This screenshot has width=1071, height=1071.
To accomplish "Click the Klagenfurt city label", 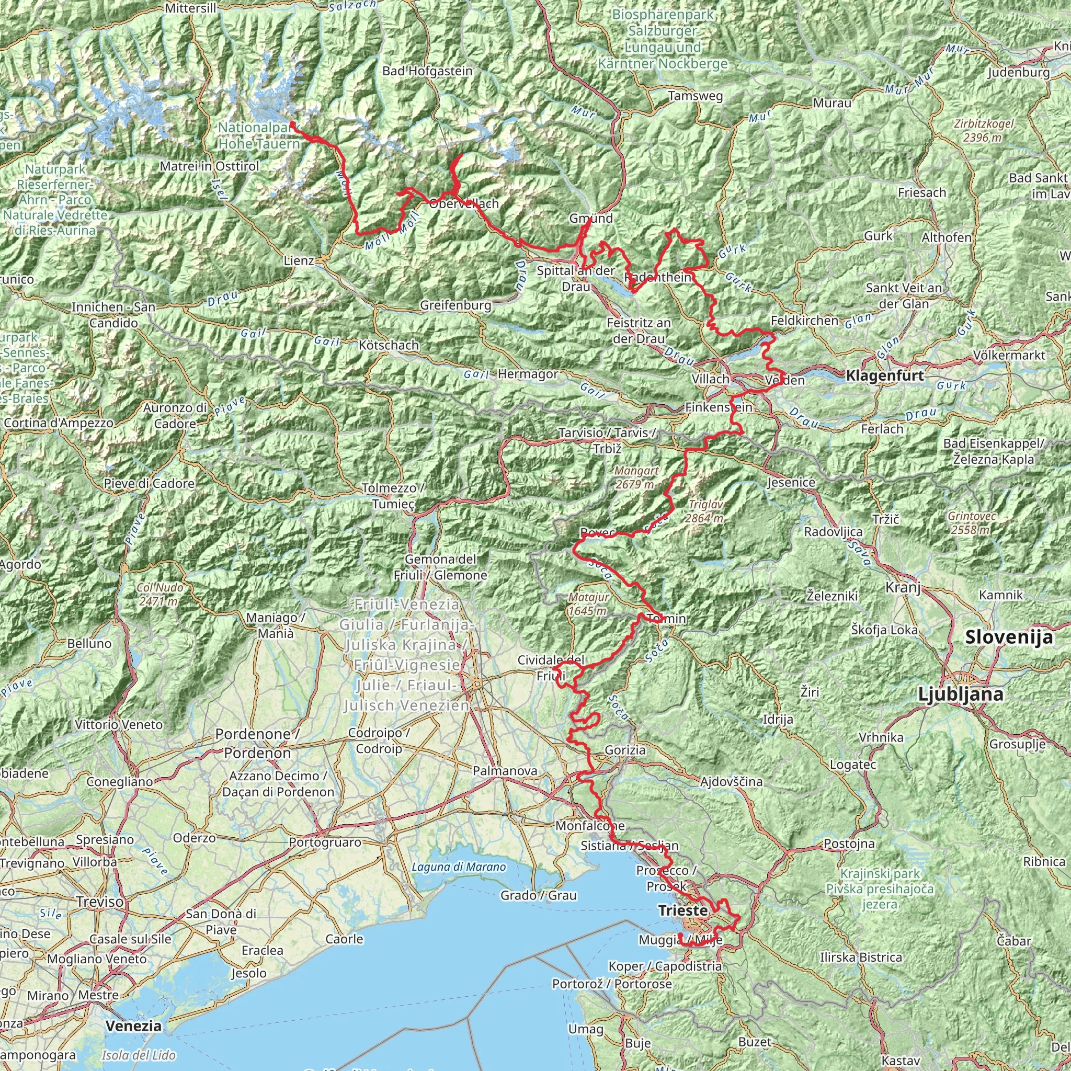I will pos(885,375).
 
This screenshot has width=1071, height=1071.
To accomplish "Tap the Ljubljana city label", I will pos(960,693).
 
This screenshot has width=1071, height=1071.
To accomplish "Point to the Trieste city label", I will pos(682,911).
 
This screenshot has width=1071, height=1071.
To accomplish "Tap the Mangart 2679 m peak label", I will pos(636,477).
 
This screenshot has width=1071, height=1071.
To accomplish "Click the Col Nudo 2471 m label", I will pos(159,594).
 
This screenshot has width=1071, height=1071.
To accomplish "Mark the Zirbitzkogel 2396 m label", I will pos(984,130).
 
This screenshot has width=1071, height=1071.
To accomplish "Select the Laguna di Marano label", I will pos(459,867).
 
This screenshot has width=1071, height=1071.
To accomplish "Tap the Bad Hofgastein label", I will pos(427,71).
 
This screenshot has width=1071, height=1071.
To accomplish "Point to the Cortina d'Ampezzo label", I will pos(59,423).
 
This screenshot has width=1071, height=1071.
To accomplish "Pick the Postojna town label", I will pos(849,844).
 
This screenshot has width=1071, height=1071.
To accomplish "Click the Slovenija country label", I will pos(1009,637).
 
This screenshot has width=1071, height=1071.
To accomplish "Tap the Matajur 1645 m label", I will pos(589,603).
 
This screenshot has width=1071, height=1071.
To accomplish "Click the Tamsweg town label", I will pos(696,96).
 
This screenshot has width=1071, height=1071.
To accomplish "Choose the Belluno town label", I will pos(89,644).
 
